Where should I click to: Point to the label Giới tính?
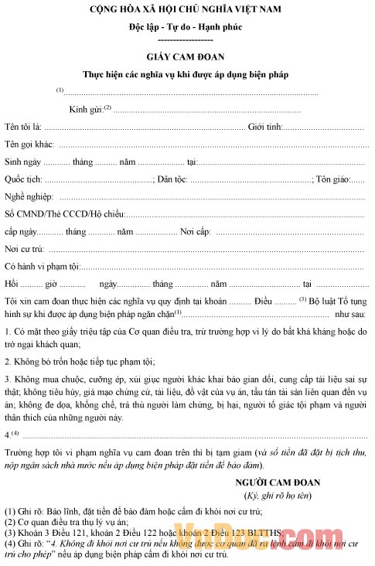click(265, 127)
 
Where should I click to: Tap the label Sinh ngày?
click(22, 162)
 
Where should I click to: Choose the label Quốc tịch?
click(22, 180)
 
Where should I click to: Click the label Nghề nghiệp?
click(29, 198)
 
